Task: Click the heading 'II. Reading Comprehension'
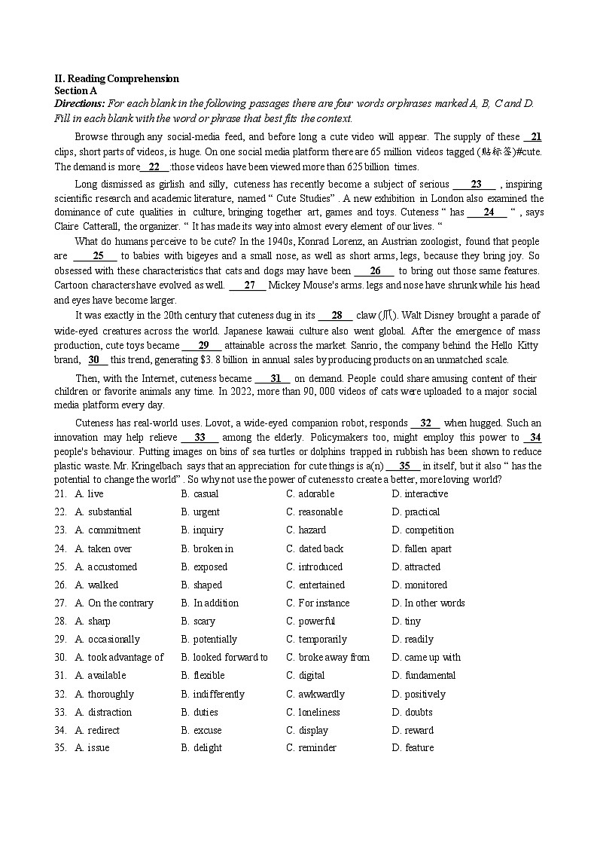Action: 117,78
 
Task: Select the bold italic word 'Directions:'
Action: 79,103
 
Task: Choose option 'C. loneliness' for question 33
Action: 312,713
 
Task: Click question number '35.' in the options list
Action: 60,748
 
